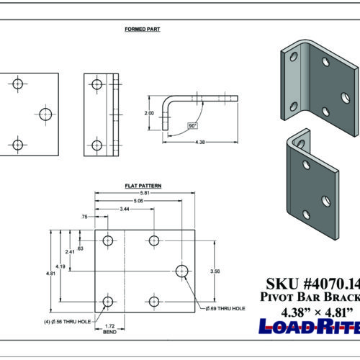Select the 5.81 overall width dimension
[146, 192]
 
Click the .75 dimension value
[85, 216]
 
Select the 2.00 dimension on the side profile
[149, 113]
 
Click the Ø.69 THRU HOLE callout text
[225, 308]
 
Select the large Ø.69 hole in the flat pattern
[182, 271]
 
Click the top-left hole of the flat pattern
[109, 240]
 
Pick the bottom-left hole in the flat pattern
[109, 302]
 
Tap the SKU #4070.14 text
[309, 284]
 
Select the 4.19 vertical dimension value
[63, 267]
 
